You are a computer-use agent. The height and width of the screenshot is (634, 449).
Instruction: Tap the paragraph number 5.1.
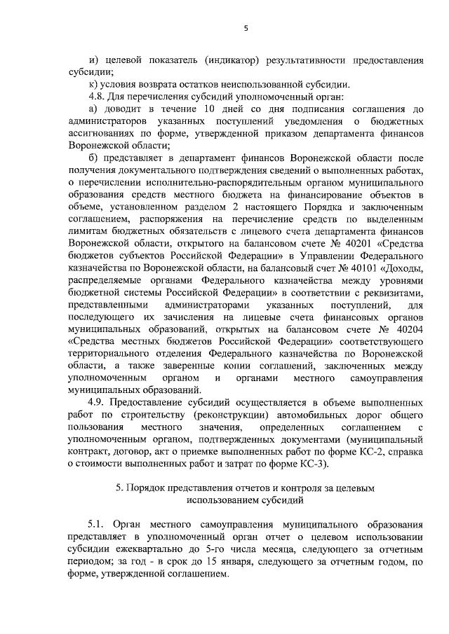point(97,523)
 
